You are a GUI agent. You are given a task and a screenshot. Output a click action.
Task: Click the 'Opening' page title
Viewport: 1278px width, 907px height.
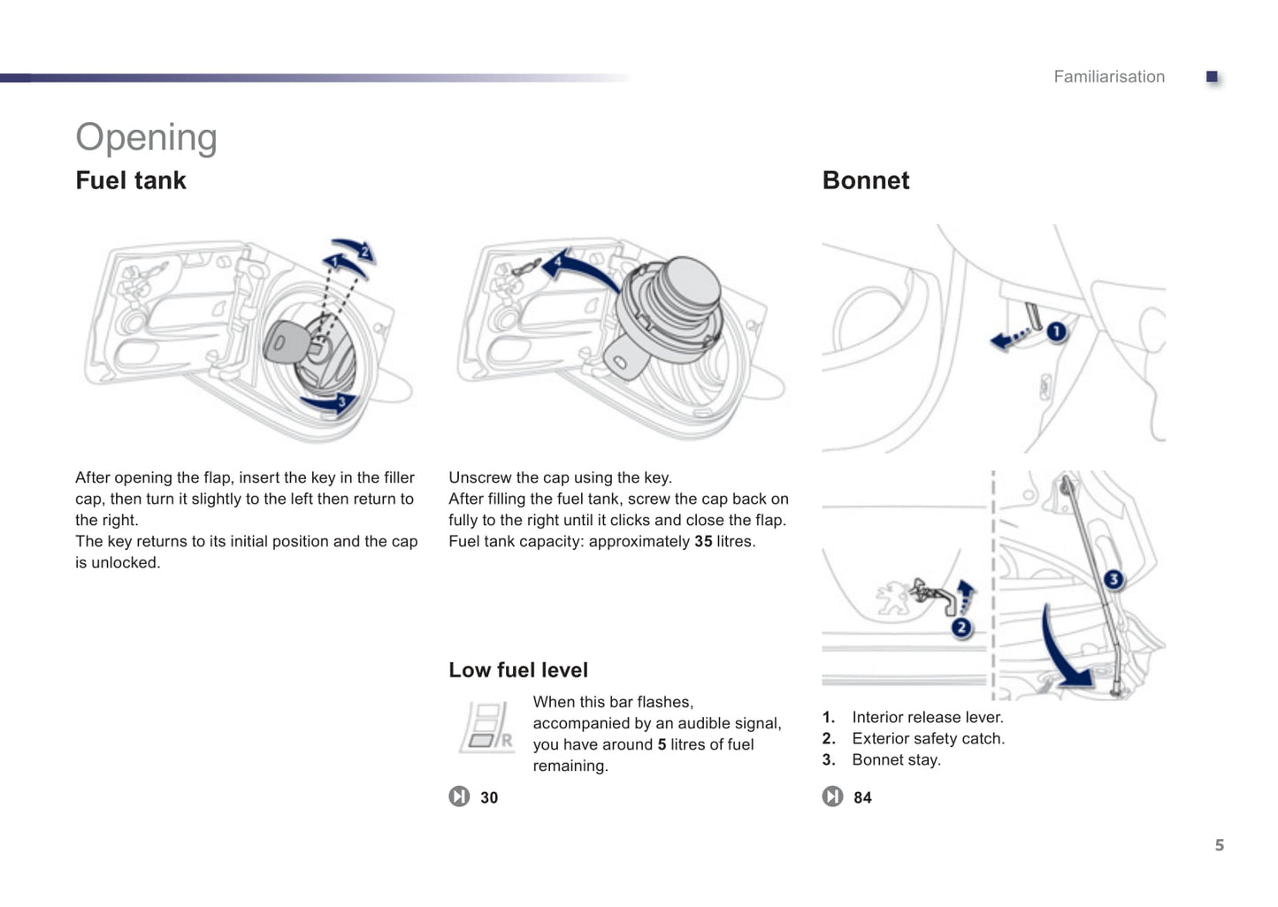[146, 138]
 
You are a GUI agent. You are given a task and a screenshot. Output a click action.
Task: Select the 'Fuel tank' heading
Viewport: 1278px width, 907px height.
[131, 180]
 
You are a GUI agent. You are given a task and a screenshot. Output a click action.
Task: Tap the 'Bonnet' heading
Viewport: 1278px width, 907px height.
[865, 180]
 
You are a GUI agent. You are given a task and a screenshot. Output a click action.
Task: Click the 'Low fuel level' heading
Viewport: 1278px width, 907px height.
[517, 670]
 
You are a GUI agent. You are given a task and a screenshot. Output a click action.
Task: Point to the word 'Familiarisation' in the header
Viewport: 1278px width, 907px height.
[1108, 77]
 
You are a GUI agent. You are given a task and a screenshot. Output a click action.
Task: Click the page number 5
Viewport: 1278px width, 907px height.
[1219, 845]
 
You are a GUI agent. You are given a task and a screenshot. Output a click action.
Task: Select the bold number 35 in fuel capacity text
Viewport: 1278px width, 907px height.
[703, 541]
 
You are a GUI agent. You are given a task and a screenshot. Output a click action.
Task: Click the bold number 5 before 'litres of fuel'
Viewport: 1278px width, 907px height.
[662, 744]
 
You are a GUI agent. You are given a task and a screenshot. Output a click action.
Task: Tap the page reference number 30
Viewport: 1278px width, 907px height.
[489, 797]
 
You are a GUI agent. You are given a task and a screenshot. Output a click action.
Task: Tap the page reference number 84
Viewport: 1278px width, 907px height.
[862, 797]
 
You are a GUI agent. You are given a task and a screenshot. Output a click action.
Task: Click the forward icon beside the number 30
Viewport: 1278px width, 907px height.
[459, 796]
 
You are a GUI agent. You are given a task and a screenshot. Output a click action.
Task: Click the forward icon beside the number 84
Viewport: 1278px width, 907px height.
[832, 796]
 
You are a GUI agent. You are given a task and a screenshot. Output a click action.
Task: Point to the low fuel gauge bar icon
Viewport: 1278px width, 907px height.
[486, 727]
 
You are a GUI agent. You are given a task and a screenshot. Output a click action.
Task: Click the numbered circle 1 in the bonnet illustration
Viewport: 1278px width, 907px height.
[1056, 332]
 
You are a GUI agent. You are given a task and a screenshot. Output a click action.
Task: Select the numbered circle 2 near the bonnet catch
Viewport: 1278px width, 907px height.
[961, 628]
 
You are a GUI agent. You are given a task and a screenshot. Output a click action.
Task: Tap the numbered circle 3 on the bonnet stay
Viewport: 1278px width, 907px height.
[1113, 579]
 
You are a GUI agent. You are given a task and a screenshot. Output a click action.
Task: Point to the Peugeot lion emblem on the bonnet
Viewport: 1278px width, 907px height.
[893, 598]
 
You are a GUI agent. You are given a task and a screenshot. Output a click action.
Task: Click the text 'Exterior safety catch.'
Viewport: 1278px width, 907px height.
[928, 738]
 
